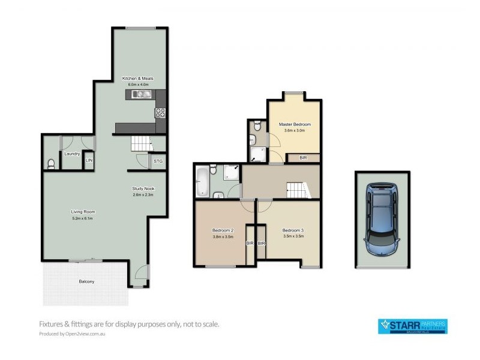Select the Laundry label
coord(73,154)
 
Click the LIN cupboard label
coord(89,161)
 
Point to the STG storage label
coord(158,161)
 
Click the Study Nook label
coord(143,189)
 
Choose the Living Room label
coord(83,212)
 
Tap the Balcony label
coord(86,281)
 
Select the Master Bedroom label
coord(295,124)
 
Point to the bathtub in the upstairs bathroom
coord(202,181)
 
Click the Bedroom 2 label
coord(223,230)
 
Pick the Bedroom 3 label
coord(293,230)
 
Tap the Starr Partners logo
coord(412,326)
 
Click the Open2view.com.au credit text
coord(77,334)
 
